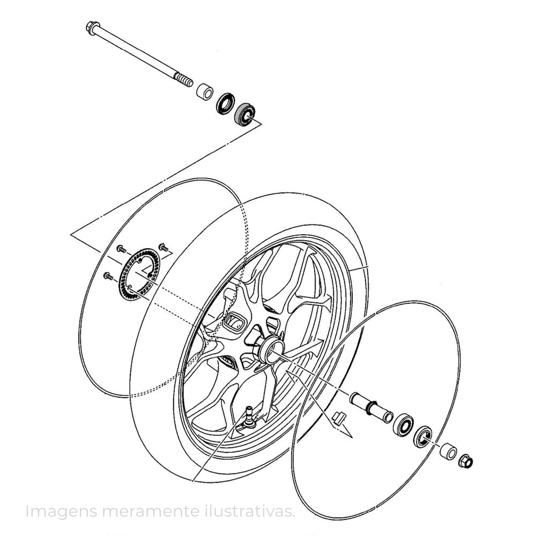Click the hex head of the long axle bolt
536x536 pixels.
pyautogui.click(x=93, y=28)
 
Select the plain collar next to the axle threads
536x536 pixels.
pyautogui.click(x=205, y=92)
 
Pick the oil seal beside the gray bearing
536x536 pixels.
pyautogui.click(x=225, y=103)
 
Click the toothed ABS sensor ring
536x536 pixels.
pyautogui.click(x=139, y=275)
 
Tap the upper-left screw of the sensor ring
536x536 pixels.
pyautogui.click(x=121, y=249)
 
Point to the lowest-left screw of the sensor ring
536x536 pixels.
pyautogui.click(x=108, y=276)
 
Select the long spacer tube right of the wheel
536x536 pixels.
pyautogui.click(x=371, y=411)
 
